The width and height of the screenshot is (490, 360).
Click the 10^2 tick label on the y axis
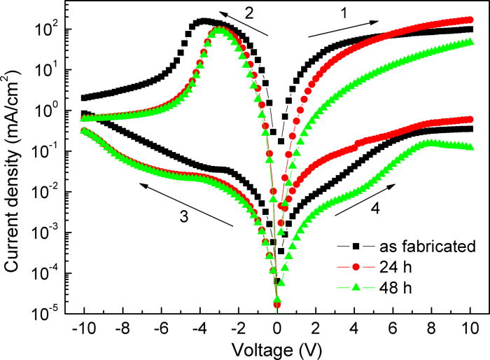pyautogui.click(x=49, y=30)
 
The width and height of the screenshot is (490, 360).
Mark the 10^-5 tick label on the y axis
pyautogui.click(x=49, y=314)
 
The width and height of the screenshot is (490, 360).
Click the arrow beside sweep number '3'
pyautogui.click(x=185, y=204)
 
